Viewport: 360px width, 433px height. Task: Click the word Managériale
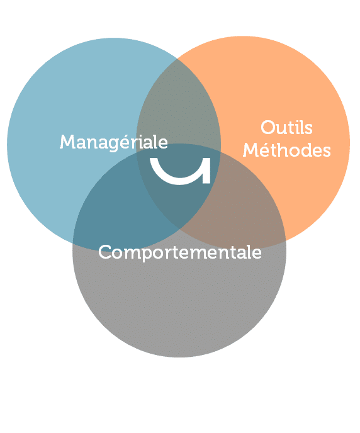114,142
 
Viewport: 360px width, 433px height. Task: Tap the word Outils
286,128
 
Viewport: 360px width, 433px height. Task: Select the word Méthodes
286,149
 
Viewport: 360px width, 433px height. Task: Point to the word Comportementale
180,252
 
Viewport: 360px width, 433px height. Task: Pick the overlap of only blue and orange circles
179,105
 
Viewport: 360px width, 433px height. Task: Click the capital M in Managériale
66,142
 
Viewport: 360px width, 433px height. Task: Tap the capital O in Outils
268,128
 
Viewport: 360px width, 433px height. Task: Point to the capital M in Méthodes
250,150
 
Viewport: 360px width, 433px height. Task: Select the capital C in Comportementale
105,252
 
